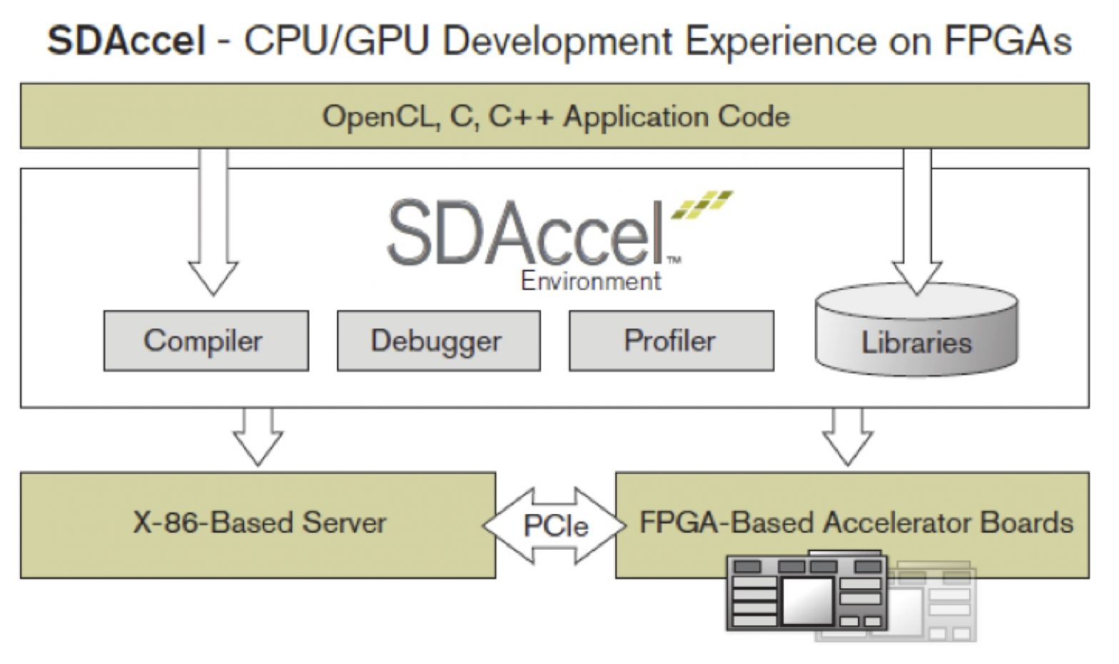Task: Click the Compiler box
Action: pyautogui.click(x=206, y=341)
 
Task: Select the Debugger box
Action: pyautogui.click(x=438, y=341)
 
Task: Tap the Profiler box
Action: pyautogui.click(x=671, y=341)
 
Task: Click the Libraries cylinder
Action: pyautogui.click(x=916, y=336)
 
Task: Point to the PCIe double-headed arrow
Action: pyautogui.click(x=555, y=525)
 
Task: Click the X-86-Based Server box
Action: pyautogui.click(x=258, y=524)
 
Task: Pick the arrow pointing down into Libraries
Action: pyautogui.click(x=917, y=228)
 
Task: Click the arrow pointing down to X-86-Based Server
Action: pyautogui.click(x=258, y=437)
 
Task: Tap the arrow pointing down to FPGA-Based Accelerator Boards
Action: pyautogui.click(x=847, y=437)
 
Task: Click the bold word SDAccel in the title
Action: pyautogui.click(x=126, y=41)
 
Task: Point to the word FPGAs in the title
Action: pyautogui.click(x=1007, y=41)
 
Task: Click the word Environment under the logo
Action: pyautogui.click(x=591, y=281)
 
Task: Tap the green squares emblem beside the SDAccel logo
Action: pyautogui.click(x=702, y=204)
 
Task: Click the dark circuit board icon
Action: pyautogui.click(x=806, y=593)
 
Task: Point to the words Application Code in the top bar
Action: pyautogui.click(x=677, y=116)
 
